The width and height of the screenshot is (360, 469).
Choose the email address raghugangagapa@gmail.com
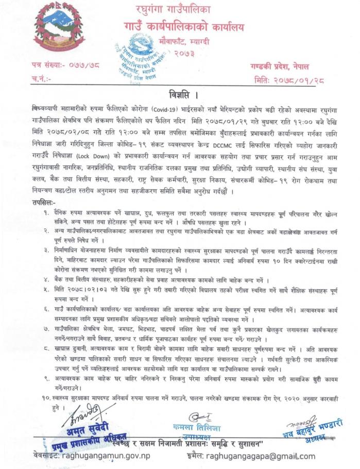tap(261, 456)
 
